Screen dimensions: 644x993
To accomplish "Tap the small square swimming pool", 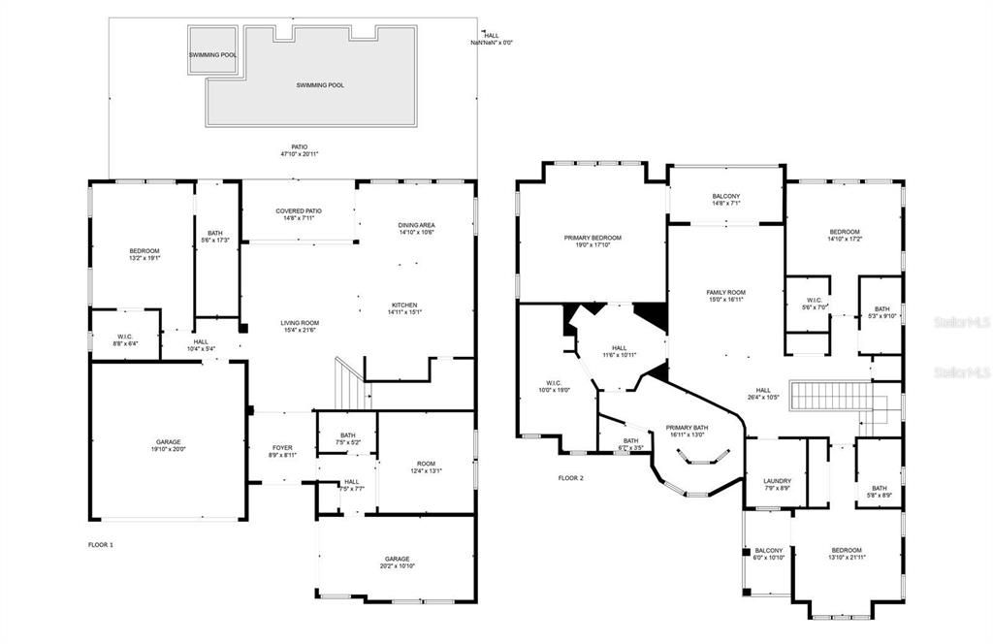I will pos(212,54).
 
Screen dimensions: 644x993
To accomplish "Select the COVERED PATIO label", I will pos(299,214).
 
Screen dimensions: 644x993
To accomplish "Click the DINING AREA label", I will pos(416,228).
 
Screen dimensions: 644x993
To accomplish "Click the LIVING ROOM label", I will pos(299,327).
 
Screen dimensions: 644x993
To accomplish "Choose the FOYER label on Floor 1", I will pos(282,451).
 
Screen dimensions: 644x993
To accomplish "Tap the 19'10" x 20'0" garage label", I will pos(169,444).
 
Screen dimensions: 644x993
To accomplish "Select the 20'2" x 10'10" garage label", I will pos(397,563).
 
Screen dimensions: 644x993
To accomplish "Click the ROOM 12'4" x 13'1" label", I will pos(426,467).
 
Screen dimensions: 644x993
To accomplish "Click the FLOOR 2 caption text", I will pos(571,478).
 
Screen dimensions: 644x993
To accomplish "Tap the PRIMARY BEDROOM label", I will pos(593,241).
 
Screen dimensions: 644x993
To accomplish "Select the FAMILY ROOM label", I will pos(725,296).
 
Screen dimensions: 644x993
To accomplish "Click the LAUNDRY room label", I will pos(777,484).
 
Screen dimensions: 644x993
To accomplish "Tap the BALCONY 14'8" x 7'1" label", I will pos(725,200).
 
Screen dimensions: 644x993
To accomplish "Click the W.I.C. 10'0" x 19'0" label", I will pos(554,386).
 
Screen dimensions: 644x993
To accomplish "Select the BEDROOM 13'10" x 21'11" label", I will pos(845,553).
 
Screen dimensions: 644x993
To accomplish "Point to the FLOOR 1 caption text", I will pos(101,545).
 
